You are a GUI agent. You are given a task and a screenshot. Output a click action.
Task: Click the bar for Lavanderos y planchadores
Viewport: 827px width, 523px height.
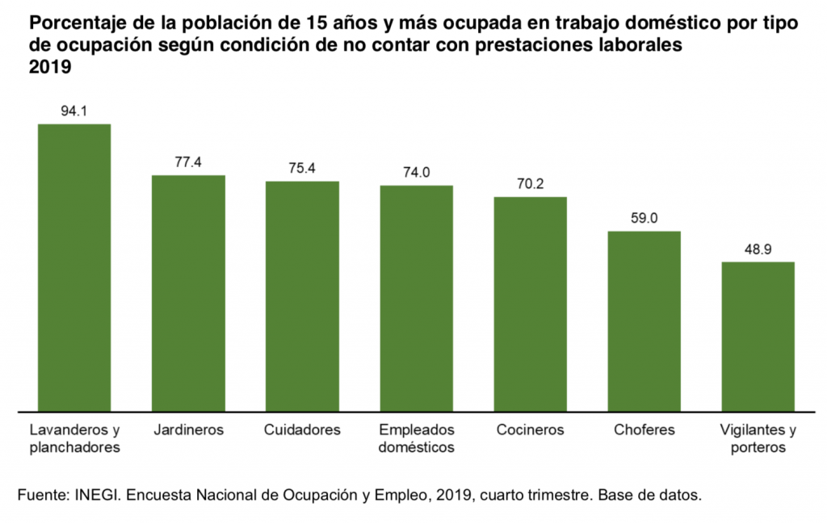point(74,267)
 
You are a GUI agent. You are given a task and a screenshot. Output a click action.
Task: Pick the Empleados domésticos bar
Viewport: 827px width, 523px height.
point(416,299)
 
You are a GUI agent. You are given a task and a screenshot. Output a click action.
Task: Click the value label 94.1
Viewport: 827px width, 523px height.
point(74,111)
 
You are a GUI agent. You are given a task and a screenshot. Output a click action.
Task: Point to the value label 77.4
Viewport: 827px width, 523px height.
point(188,162)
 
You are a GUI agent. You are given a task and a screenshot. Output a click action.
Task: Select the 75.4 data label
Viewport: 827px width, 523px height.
point(302,169)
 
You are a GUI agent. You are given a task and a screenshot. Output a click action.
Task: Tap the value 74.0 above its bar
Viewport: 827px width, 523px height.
point(416,173)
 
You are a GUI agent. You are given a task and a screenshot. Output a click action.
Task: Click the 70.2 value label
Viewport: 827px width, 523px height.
point(530,184)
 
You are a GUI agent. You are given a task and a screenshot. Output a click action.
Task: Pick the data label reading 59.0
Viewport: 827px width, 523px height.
point(644,219)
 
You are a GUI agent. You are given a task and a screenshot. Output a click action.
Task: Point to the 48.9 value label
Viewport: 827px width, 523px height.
point(758,249)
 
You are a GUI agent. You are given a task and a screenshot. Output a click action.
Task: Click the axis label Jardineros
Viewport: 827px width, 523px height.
point(188,429)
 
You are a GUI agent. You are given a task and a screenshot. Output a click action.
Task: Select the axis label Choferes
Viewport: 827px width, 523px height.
point(644,429)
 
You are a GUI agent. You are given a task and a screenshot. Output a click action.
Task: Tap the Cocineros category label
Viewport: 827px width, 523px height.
point(530,429)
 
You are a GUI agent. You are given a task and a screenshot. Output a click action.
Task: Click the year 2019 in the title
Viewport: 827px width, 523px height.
point(50,69)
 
